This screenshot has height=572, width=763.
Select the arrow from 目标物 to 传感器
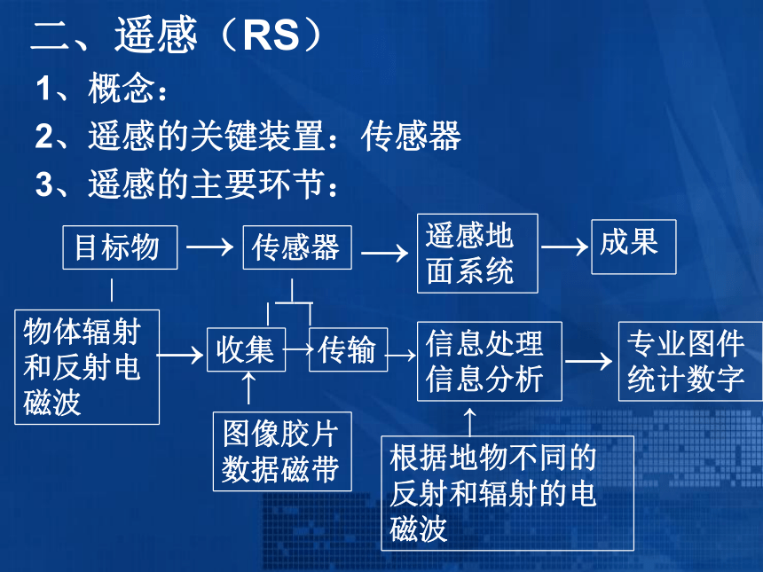pyautogui.click(x=209, y=247)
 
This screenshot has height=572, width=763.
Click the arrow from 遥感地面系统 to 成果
pyautogui.click(x=564, y=247)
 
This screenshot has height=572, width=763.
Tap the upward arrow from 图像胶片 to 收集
pyautogui.click(x=248, y=388)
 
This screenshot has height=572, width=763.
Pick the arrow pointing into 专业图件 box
pyautogui.click(x=588, y=362)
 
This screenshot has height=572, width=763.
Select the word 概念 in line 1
pyautogui.click(x=122, y=88)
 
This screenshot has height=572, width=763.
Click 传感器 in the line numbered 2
pyautogui.click(x=411, y=137)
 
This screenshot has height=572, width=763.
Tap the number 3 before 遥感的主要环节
pyautogui.click(x=43, y=184)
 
